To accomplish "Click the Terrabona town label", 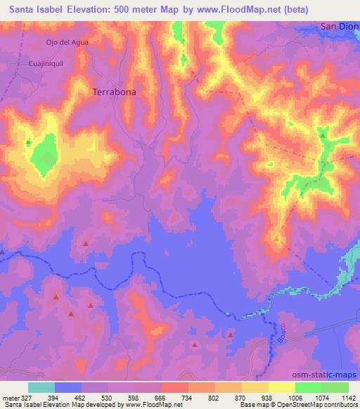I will coord(114,91).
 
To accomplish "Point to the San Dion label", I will coord(339,26).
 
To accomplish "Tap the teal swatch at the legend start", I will coord(41,387).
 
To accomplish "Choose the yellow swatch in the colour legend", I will coord(281,387).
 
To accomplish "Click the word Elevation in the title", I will coord(110,8).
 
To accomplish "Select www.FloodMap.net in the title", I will coord(233,8).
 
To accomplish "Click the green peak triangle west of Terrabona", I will coord(29,143).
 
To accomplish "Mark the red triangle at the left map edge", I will coord(2,252).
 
